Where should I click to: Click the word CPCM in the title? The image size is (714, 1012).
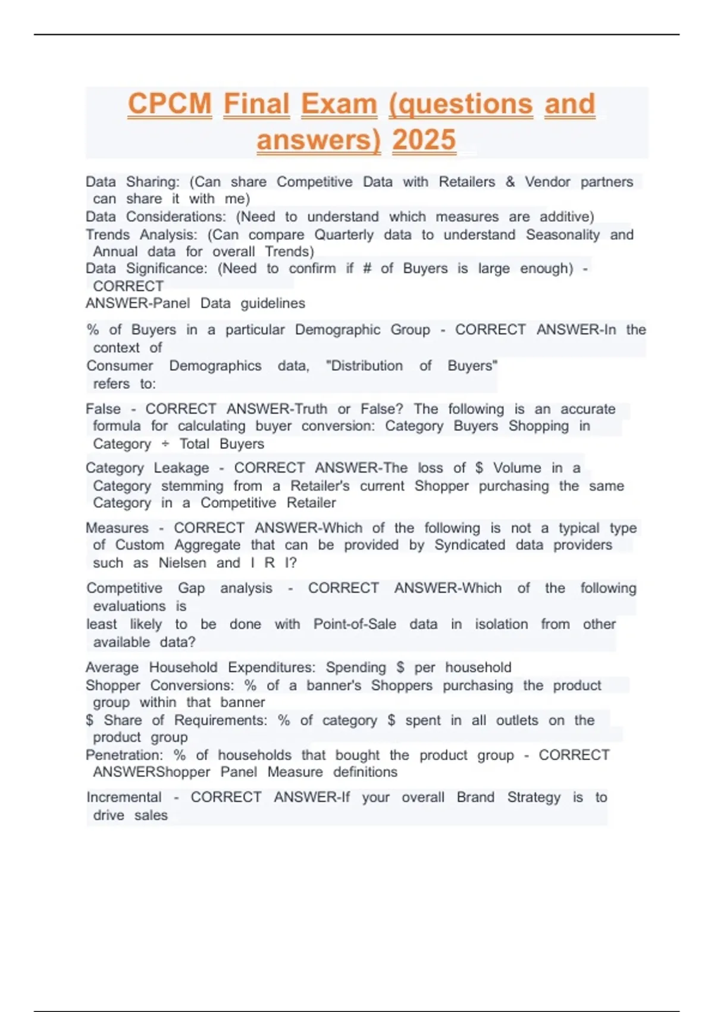click(x=170, y=104)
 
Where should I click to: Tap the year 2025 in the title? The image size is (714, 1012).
click(x=424, y=140)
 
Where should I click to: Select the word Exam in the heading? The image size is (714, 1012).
click(x=339, y=104)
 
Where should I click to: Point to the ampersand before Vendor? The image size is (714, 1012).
click(x=510, y=182)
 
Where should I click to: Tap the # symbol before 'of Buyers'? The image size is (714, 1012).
click(x=367, y=269)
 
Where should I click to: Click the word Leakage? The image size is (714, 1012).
click(x=181, y=468)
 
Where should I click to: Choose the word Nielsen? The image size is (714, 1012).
click(x=182, y=563)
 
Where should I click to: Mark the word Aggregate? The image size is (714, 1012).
click(x=208, y=545)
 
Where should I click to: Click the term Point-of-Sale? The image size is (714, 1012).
click(x=355, y=624)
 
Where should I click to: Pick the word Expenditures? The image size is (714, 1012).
click(x=271, y=668)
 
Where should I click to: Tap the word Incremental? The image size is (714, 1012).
click(x=124, y=798)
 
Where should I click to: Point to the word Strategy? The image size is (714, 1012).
click(x=534, y=798)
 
